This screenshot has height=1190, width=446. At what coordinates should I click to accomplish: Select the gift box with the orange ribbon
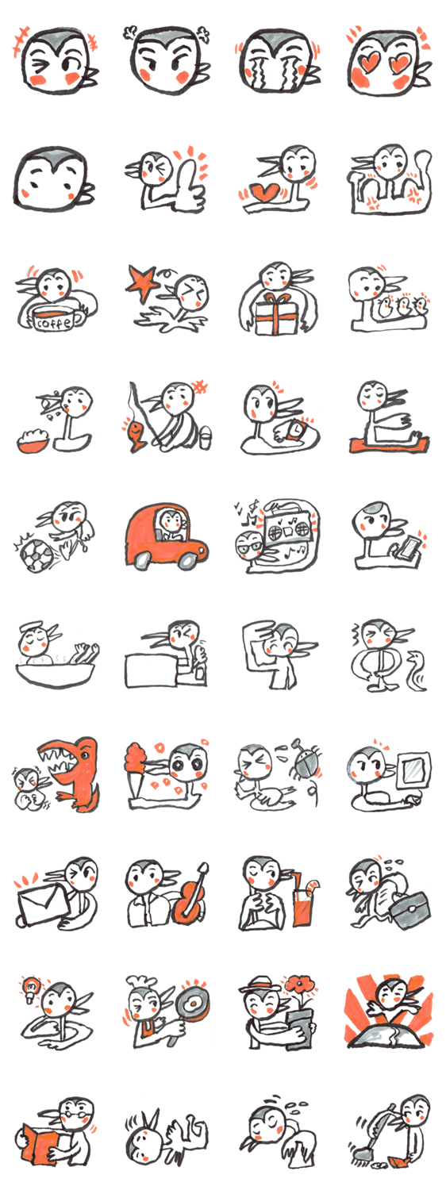(276, 313)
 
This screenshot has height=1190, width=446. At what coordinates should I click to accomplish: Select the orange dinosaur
(74, 773)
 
